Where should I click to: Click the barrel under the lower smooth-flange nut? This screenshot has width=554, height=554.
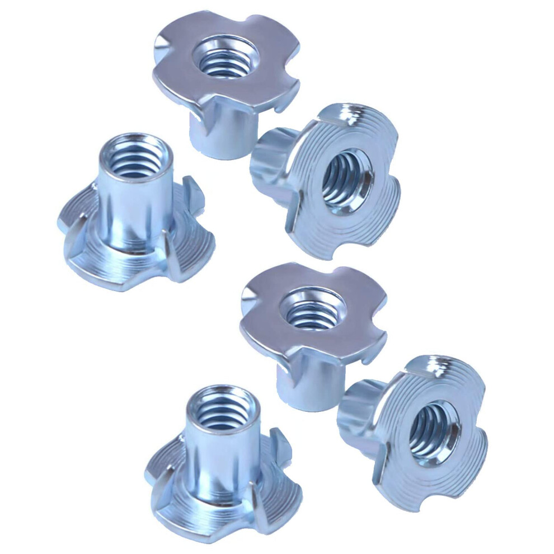click(305, 386)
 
